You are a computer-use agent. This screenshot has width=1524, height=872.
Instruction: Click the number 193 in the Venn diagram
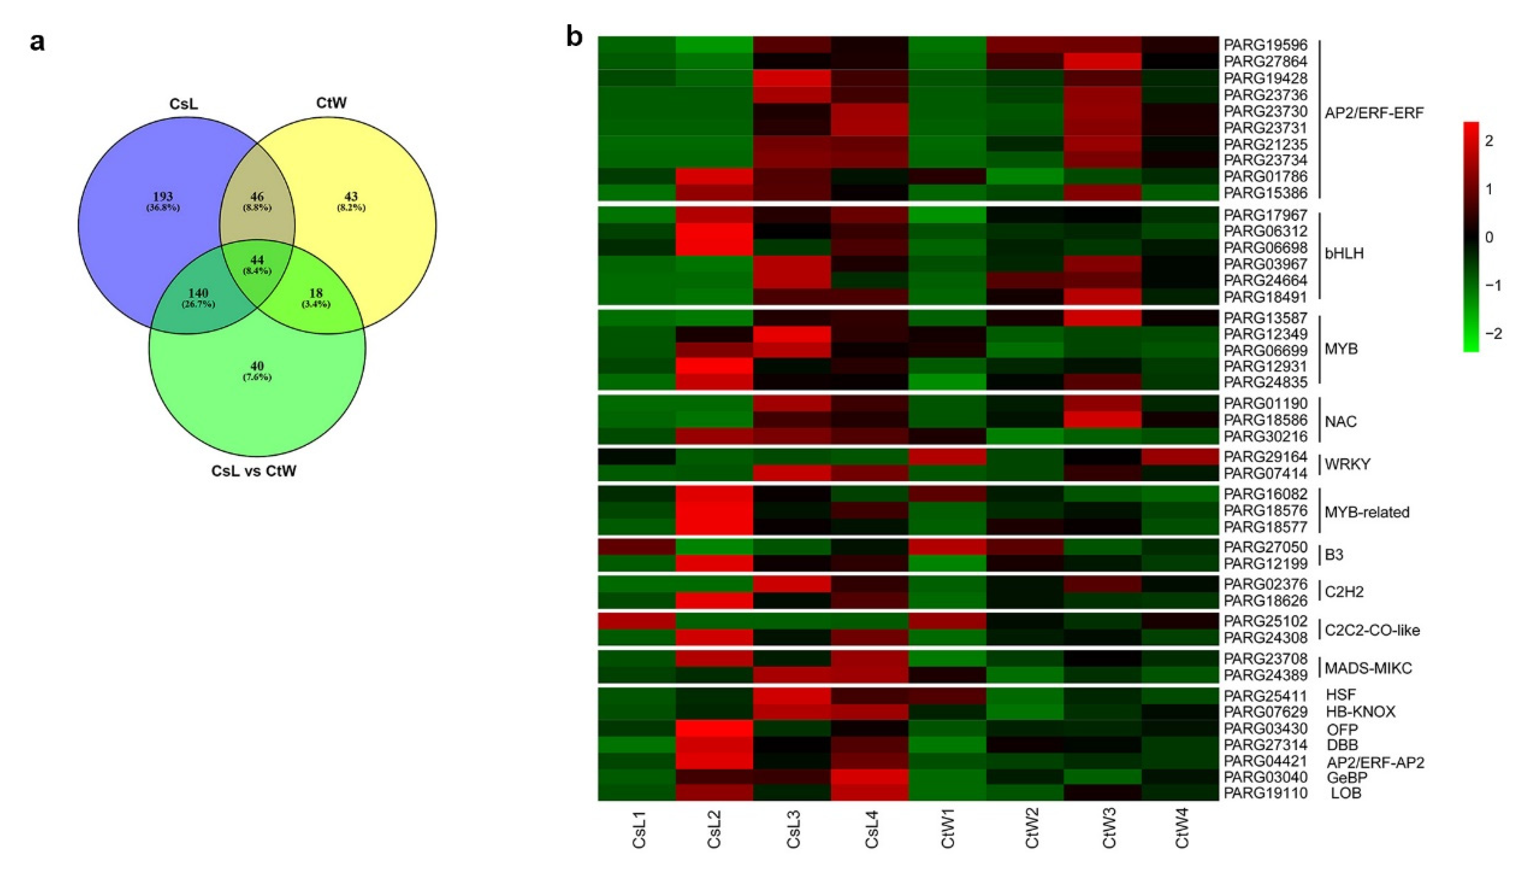click(163, 196)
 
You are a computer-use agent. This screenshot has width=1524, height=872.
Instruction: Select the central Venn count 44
click(257, 260)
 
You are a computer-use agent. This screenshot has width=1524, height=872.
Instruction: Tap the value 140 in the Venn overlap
click(198, 293)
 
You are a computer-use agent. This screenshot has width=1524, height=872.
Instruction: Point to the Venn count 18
click(316, 293)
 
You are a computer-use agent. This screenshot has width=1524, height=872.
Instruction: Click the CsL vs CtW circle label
click(254, 472)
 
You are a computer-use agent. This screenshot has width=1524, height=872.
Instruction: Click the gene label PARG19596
click(1265, 45)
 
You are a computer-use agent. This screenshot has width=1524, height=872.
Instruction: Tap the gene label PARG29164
click(1265, 457)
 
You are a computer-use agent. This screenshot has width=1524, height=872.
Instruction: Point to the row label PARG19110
click(1265, 793)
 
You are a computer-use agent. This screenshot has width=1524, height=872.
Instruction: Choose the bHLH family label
click(1344, 253)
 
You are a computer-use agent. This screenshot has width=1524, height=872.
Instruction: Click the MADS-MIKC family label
click(1368, 668)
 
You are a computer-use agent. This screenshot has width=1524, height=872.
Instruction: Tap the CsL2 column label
click(714, 830)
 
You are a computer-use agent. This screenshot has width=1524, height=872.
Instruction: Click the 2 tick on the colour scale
click(1489, 141)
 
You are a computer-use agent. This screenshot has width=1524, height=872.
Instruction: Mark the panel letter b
click(574, 37)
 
